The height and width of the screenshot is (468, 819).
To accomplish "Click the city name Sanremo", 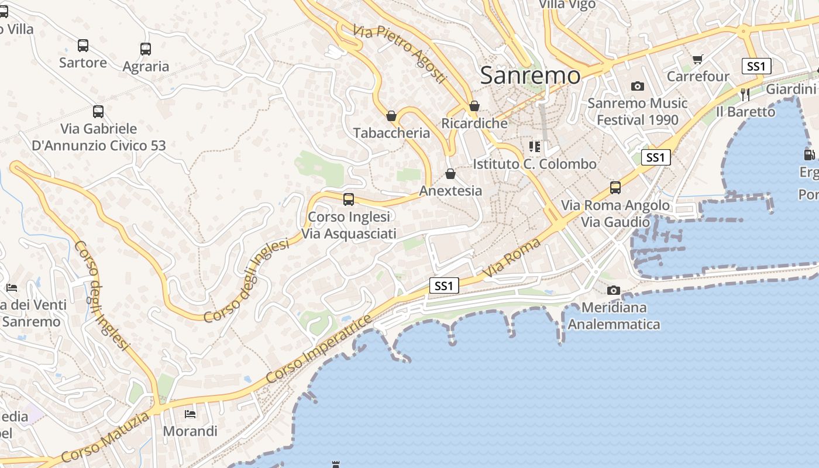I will click(531, 75).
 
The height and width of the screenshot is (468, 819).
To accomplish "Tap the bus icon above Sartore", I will click(83, 46).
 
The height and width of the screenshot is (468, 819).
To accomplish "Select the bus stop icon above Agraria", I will click(146, 49).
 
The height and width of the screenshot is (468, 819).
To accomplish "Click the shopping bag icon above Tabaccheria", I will click(391, 116).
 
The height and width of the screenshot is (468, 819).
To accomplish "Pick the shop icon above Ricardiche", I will click(474, 106).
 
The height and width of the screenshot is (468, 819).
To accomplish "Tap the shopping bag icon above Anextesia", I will click(450, 174).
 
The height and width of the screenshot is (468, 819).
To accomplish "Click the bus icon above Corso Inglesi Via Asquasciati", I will click(349, 199).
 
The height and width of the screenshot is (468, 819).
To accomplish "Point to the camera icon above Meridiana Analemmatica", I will click(614, 290).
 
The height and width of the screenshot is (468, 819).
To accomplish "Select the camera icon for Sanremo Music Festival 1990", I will click(638, 87).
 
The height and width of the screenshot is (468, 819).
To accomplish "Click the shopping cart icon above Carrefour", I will click(697, 59).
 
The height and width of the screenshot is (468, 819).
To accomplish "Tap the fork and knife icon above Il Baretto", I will click(745, 94).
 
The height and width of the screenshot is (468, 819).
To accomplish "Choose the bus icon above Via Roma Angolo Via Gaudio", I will click(615, 188).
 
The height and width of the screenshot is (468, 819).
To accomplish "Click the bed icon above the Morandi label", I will click(190, 414).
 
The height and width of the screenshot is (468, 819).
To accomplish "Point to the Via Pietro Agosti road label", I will click(400, 54).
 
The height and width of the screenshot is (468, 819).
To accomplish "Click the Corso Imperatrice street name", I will click(319, 349).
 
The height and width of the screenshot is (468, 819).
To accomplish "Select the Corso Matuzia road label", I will click(105, 438).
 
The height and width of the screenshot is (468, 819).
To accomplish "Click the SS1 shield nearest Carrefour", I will click(756, 66).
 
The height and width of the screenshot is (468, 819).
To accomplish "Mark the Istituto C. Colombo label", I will click(535, 164).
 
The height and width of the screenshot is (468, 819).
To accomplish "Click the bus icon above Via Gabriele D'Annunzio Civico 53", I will click(98, 111).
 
